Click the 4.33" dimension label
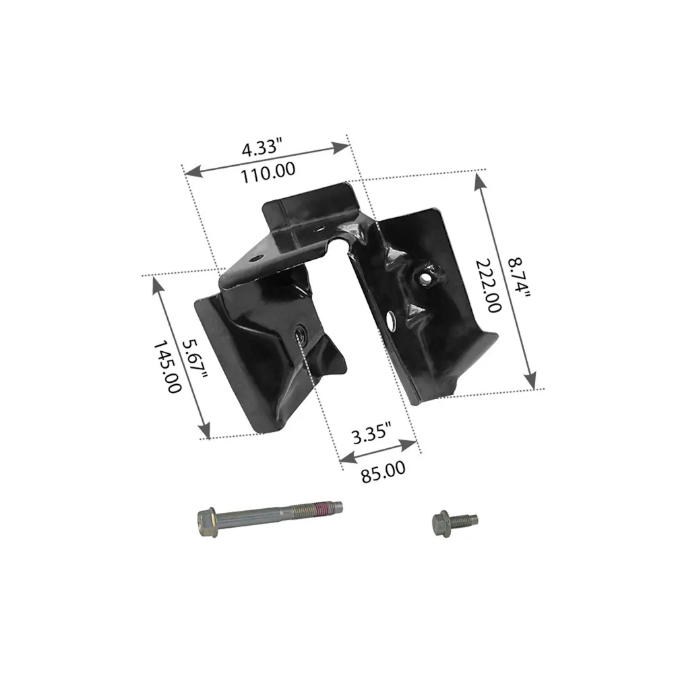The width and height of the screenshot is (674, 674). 262,147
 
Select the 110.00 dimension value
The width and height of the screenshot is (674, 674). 268,173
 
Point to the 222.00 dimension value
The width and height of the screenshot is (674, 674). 488,286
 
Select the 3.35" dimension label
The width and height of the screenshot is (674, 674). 372,434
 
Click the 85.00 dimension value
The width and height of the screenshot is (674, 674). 383,472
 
